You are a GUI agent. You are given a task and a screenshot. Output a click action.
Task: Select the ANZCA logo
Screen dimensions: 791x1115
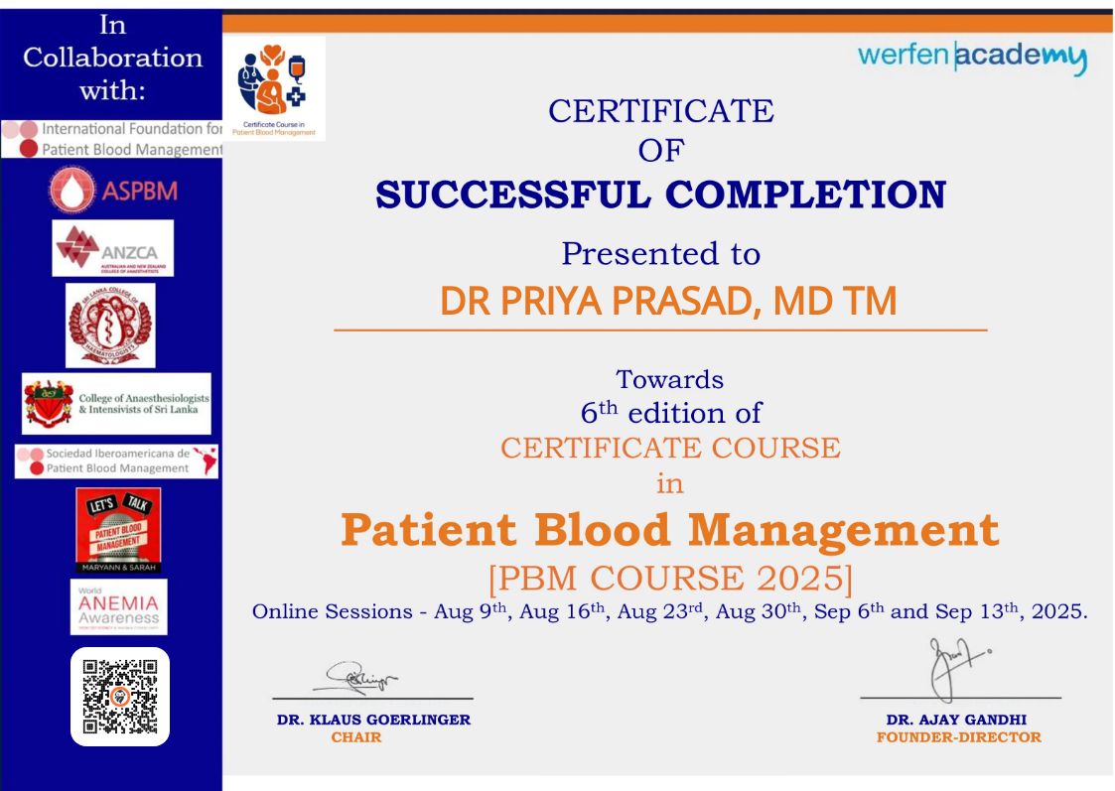(x=113, y=247)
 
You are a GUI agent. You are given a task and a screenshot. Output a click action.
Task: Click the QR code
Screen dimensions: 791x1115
(x=120, y=697)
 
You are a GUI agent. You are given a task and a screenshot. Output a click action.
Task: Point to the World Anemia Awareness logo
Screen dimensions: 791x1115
(x=118, y=606)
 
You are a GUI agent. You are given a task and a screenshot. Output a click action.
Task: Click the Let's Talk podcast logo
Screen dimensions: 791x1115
(x=118, y=530)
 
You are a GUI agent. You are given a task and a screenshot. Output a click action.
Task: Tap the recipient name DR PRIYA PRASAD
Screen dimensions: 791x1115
(x=666, y=302)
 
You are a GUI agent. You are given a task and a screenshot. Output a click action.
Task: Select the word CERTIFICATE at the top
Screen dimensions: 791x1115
(x=660, y=111)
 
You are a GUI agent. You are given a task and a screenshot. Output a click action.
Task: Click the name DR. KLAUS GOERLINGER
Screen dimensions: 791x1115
(x=373, y=720)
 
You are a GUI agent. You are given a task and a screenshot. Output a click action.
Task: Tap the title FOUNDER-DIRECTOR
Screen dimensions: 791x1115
(x=958, y=737)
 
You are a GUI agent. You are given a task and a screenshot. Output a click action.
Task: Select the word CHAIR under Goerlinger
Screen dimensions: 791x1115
(x=355, y=737)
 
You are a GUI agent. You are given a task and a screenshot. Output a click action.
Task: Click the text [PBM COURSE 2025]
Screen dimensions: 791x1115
(x=670, y=577)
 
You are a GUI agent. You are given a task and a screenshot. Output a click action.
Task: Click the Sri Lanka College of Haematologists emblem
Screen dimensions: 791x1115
(x=110, y=326)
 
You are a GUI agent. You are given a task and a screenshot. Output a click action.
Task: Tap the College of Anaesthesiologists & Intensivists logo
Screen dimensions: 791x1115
(x=117, y=404)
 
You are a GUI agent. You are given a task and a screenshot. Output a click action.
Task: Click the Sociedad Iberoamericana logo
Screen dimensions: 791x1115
(x=117, y=461)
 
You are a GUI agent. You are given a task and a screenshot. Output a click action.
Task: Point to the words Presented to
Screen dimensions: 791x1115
(x=660, y=254)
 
